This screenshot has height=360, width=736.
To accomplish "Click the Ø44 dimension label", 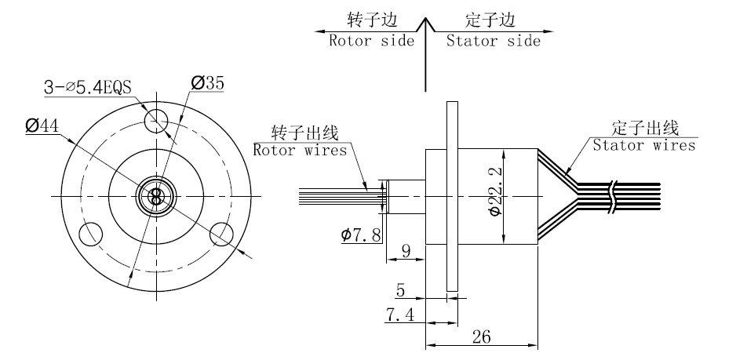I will [x=42, y=125].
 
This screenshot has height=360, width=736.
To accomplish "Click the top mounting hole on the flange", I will [x=156, y=120].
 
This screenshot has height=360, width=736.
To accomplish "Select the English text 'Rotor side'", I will [x=370, y=41].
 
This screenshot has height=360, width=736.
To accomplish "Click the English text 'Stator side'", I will [x=493, y=41].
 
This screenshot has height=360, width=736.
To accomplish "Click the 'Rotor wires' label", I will [x=299, y=150].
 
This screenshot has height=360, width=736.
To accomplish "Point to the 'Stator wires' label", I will [x=643, y=145].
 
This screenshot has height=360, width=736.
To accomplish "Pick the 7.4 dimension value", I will [x=399, y=315].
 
